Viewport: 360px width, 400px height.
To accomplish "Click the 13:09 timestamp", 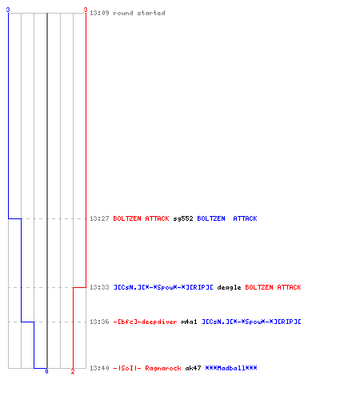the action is click(99, 13).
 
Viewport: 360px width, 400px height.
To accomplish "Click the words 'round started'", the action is click(139, 13).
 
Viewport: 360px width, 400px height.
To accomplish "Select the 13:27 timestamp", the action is click(99, 218).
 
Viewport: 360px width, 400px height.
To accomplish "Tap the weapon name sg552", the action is click(183, 218).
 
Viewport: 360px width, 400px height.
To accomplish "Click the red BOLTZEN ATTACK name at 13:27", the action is click(141, 218).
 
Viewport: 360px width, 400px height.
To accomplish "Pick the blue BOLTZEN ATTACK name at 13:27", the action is click(227, 218).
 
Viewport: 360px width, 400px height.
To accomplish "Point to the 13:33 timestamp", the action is click(99, 287).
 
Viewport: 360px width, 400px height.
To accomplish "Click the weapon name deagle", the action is click(229, 287).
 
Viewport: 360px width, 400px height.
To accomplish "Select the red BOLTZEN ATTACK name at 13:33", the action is click(273, 287).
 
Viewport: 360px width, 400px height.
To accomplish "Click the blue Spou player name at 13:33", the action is click(163, 287).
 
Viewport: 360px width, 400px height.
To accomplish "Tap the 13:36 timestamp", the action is click(99, 322).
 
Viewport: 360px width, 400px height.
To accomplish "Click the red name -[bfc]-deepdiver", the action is click(145, 322).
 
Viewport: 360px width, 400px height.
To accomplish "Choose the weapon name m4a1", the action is click(189, 322).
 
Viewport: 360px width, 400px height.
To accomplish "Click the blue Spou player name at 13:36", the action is click(251, 322).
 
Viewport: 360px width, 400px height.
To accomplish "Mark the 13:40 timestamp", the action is click(99, 368).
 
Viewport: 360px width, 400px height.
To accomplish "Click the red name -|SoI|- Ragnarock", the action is click(147, 368).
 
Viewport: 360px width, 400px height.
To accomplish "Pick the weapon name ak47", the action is click(193, 368).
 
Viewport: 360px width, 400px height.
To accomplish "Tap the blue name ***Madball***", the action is click(231, 368).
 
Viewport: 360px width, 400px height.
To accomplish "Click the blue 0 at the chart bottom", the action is click(46, 371).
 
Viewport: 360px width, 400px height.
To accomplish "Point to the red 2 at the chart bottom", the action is click(73, 371).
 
